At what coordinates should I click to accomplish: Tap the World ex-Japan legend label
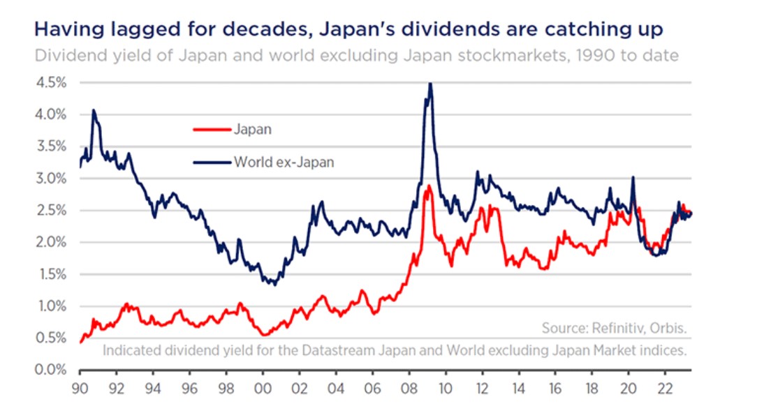(x=284, y=163)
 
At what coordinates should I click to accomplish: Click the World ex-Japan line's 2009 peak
(x=430, y=84)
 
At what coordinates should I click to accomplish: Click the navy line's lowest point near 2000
(x=274, y=285)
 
